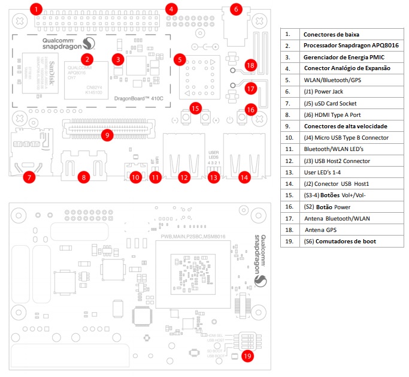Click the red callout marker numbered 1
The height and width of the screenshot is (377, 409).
point(37,10)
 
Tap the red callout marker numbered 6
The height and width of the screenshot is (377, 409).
point(235,10)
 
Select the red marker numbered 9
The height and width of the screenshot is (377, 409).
point(107,135)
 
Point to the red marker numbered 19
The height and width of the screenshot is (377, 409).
point(247,355)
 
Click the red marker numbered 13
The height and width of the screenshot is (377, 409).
point(214,177)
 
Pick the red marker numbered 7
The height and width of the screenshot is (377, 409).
point(29,177)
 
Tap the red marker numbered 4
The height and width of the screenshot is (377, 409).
point(172,10)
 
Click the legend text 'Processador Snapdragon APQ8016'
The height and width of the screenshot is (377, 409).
point(351,46)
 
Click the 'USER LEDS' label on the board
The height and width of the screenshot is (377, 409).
point(214,153)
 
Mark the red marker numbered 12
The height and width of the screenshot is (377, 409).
point(184,177)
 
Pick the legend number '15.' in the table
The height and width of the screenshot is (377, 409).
point(290,195)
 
